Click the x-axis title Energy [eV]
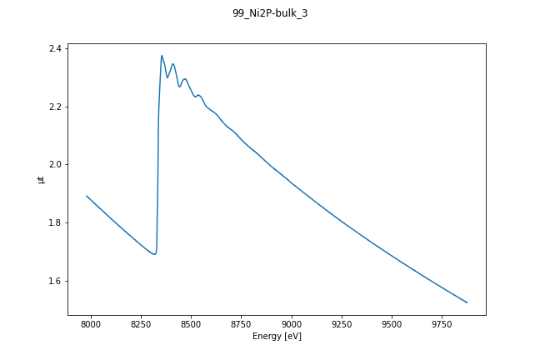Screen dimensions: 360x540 [277, 336]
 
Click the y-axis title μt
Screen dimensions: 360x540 [41, 179]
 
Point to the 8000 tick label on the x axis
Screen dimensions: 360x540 [91, 323]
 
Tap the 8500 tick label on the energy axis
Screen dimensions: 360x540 [191, 323]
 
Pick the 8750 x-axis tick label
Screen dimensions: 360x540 [242, 323]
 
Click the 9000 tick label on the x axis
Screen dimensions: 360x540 [292, 323]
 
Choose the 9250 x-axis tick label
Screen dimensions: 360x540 [342, 323]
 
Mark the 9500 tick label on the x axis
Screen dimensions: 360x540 [392, 323]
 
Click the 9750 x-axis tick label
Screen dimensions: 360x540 [442, 323]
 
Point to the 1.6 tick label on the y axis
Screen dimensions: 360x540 [55, 281]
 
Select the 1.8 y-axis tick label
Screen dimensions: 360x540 [55, 222]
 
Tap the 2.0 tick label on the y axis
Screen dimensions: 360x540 [55, 165]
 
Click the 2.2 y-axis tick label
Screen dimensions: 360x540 [55, 107]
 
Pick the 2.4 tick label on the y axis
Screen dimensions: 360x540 [55, 49]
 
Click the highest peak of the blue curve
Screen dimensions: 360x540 [162, 56]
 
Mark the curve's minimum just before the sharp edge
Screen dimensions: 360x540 [154, 254]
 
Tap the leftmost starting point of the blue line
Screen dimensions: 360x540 [87, 196]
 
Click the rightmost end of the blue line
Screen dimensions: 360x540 [467, 302]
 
